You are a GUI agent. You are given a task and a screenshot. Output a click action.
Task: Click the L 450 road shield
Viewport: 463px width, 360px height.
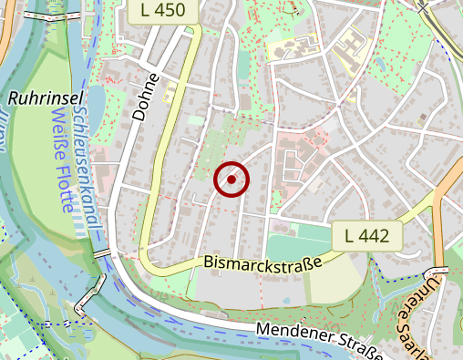170,11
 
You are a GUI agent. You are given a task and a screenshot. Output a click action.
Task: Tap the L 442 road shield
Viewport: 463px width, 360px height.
367,236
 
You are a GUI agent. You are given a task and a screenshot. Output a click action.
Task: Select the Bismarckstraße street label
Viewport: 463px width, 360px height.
263,263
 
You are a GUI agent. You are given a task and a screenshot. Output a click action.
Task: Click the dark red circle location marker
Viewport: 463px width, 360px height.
231,180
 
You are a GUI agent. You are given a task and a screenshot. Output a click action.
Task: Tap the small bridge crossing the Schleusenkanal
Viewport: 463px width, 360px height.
101,252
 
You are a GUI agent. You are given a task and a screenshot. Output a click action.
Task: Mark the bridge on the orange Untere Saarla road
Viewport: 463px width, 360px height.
441,272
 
